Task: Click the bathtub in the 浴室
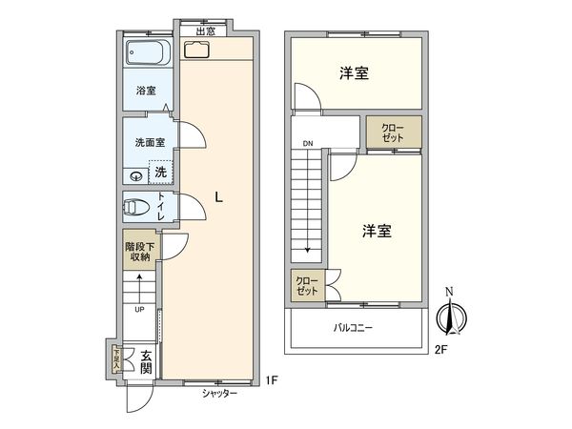point(147,55)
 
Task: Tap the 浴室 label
point(146,92)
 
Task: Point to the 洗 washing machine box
point(160,173)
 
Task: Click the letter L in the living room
point(220,198)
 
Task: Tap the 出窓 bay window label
point(205,31)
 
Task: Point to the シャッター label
point(219,393)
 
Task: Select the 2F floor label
point(439,350)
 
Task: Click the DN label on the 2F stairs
point(308,145)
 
